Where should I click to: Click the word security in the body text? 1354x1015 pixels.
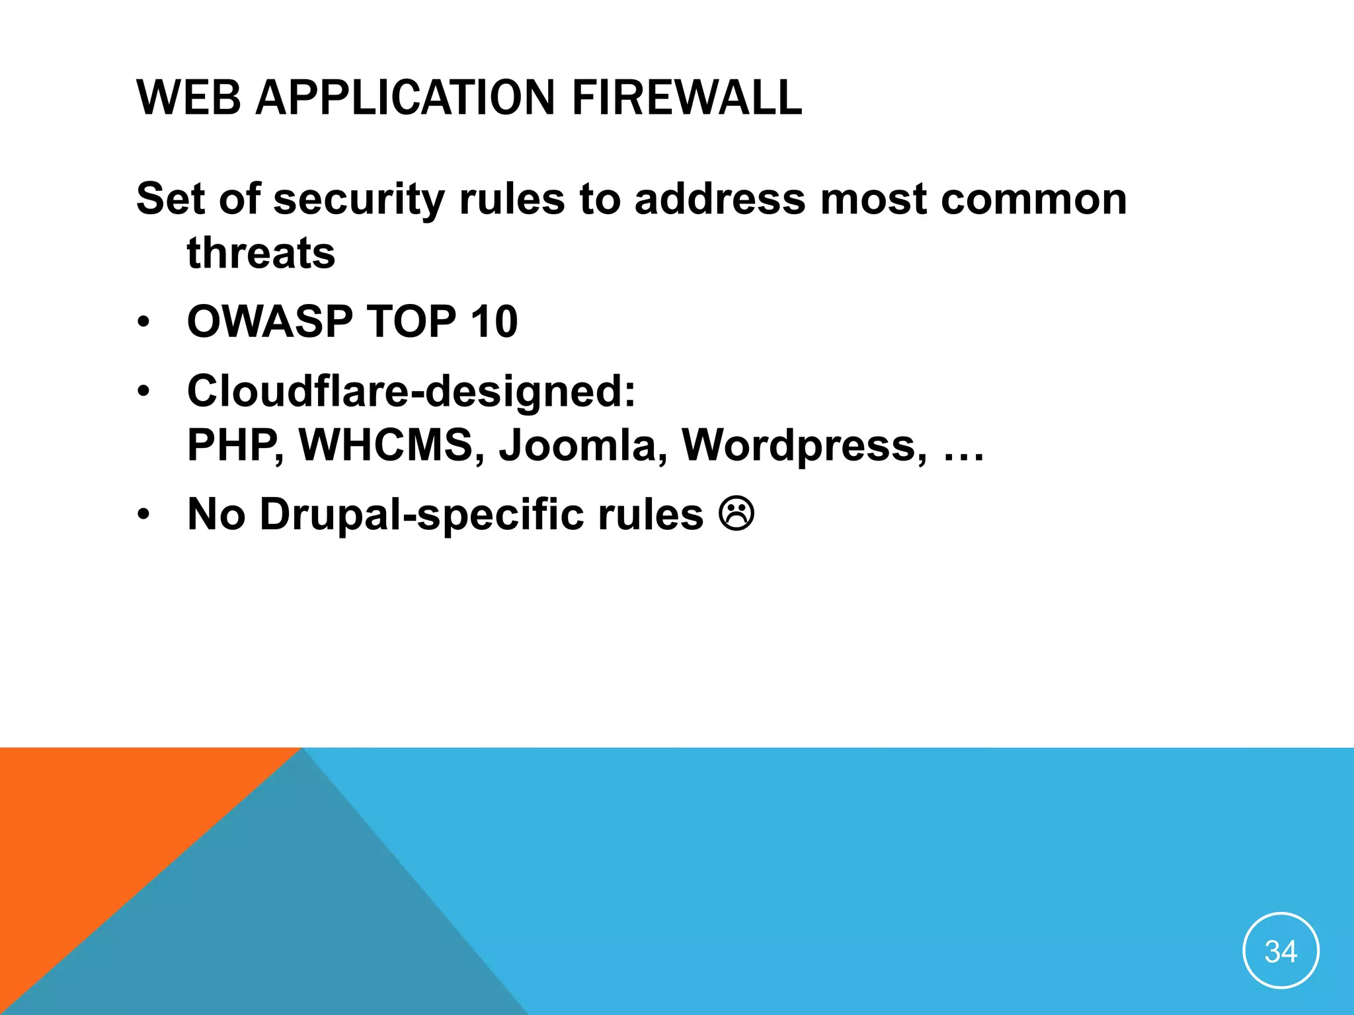(359, 200)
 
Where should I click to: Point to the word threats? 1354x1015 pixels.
(261, 253)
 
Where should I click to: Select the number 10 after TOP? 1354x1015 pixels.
(494, 322)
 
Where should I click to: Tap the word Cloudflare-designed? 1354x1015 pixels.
(411, 391)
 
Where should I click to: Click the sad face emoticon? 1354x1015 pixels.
(737, 514)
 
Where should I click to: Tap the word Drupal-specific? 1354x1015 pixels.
(421, 515)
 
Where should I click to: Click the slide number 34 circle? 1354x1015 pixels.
(1281, 951)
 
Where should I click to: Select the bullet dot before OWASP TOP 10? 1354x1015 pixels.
(144, 323)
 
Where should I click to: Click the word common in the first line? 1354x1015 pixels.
(1033, 200)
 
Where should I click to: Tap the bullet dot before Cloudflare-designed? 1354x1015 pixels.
(144, 392)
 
